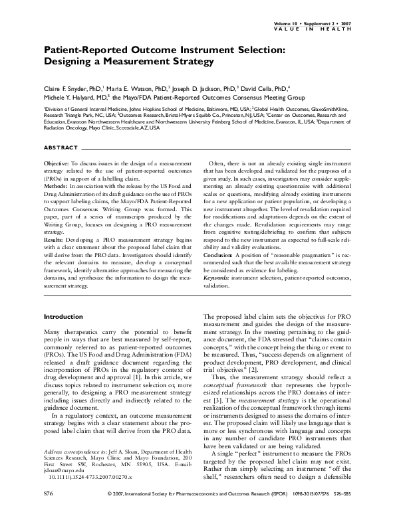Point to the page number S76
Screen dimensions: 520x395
(x=49, y=512)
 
